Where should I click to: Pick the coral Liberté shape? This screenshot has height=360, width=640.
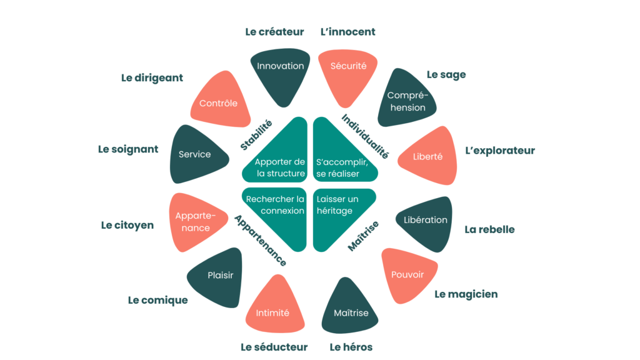[429, 156]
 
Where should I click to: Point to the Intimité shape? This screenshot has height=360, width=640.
[274, 307]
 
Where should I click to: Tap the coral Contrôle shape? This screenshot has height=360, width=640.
[221, 101]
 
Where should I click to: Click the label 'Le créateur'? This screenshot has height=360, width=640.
[274, 32]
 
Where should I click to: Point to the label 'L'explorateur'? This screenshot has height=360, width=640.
[500, 151]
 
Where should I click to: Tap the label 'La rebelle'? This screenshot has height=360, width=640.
[489, 229]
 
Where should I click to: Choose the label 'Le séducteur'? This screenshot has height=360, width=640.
[274, 347]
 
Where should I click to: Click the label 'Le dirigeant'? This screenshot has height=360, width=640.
[152, 78]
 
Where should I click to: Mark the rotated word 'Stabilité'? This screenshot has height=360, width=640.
[256, 135]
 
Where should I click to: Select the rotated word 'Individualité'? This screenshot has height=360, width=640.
[365, 136]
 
